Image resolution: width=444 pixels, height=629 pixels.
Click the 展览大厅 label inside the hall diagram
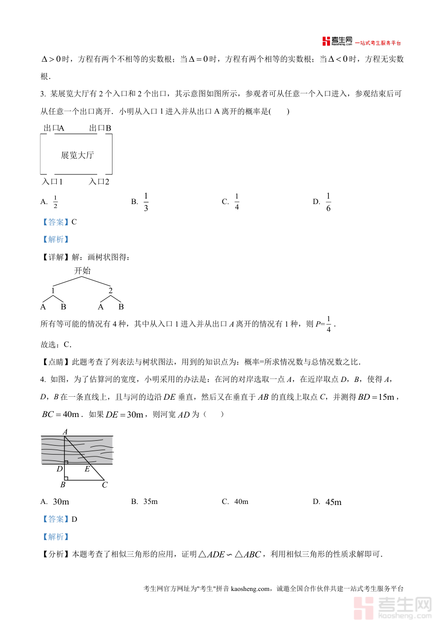click(x=77, y=155)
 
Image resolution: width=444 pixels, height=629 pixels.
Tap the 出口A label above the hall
click(x=54, y=128)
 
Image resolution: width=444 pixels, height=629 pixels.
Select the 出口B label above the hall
click(x=100, y=128)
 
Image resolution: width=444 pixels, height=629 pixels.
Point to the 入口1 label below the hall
click(x=52, y=182)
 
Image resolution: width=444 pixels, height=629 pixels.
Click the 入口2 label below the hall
click(x=99, y=182)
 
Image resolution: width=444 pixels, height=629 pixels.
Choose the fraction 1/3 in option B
click(x=146, y=202)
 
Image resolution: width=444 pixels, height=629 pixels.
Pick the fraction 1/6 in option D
click(x=328, y=202)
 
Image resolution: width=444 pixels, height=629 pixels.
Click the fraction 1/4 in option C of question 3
click(x=237, y=202)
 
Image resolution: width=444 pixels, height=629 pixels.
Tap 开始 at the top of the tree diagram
click(x=82, y=271)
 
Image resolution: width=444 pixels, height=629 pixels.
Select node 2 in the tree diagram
click(x=111, y=291)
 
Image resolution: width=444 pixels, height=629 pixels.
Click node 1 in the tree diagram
click(x=53, y=291)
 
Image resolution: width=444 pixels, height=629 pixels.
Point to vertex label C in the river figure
click(x=105, y=485)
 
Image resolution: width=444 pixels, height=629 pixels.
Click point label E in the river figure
click(x=87, y=469)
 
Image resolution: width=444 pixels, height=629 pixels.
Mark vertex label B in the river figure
click(x=63, y=485)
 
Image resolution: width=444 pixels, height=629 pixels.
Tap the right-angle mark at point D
click(x=66, y=462)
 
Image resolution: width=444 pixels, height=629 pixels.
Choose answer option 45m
click(x=333, y=502)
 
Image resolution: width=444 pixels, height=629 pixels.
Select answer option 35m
click(x=150, y=502)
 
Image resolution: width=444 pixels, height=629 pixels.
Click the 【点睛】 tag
click(x=56, y=362)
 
